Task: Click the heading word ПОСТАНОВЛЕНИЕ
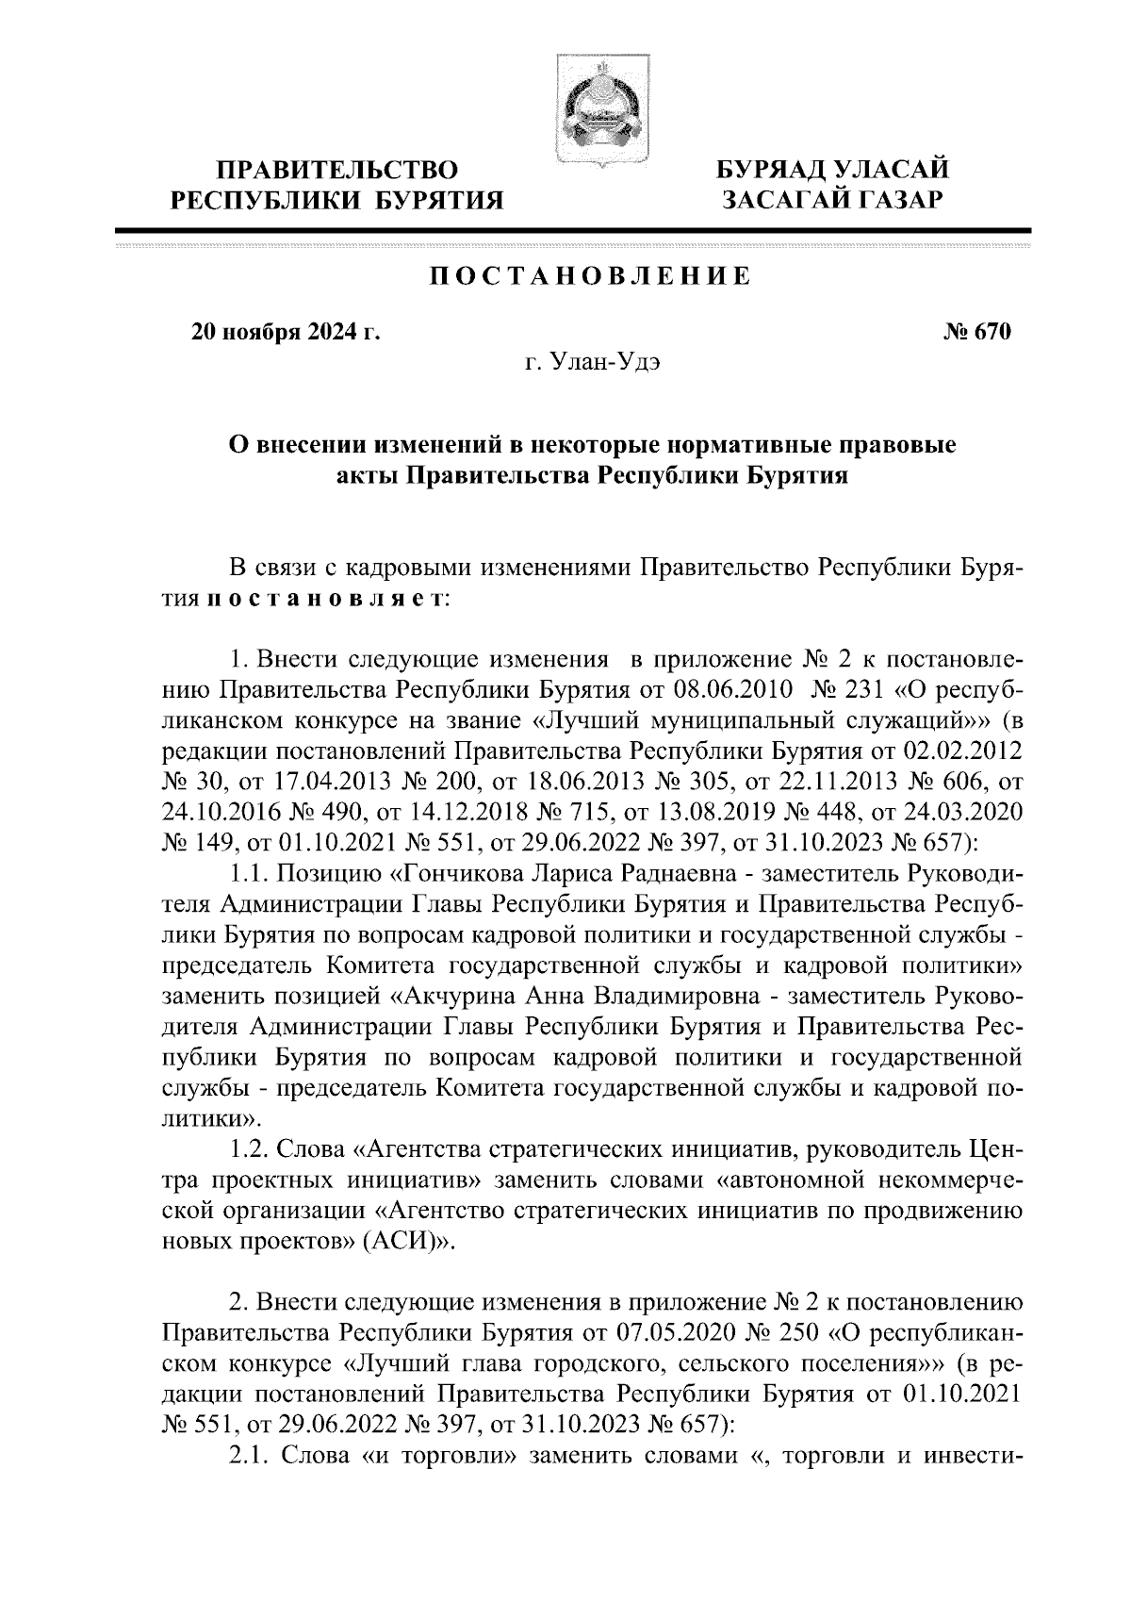(x=591, y=276)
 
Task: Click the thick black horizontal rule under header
(x=572, y=230)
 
